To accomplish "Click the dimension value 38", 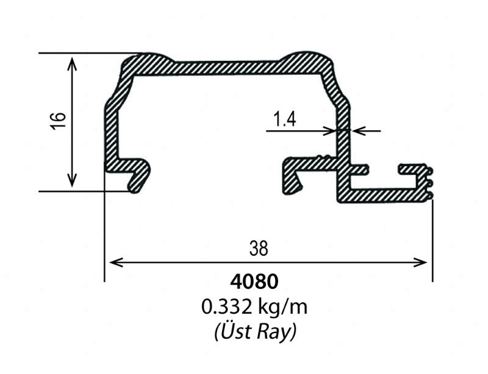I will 259,248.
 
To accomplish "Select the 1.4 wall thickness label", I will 285,119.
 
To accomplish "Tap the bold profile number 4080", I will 254,282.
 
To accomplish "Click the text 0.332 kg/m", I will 255,306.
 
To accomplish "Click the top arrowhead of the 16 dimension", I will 73,61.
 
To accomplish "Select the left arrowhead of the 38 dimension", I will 113,263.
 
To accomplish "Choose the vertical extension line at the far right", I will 432,244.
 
